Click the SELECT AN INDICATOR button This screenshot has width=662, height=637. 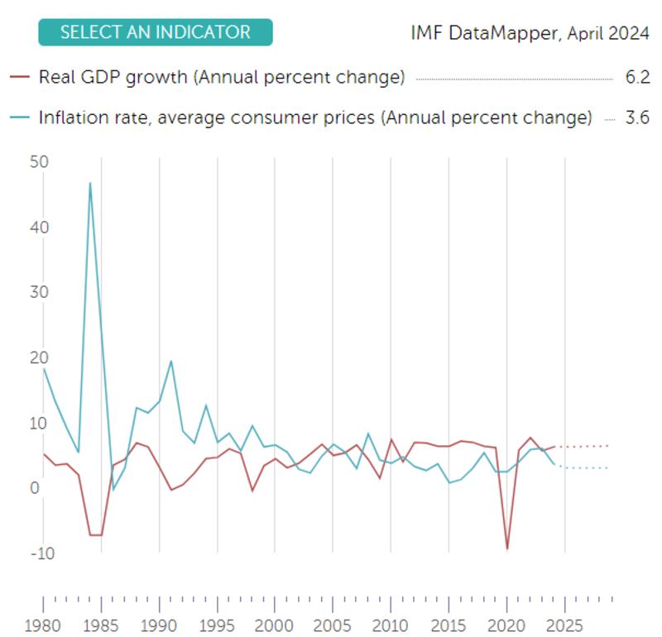point(155,32)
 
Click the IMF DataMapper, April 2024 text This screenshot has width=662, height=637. point(530,34)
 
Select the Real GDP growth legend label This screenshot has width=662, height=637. point(222,78)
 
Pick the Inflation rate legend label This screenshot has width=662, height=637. point(315,117)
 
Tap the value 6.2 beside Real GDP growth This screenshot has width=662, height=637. point(637,78)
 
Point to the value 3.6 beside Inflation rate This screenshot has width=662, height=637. point(637,117)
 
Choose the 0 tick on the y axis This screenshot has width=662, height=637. point(35,488)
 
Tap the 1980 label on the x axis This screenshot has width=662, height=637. point(44,625)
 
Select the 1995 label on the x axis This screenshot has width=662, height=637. point(217,625)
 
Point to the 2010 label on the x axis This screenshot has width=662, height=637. point(391,625)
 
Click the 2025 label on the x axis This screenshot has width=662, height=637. point(564,625)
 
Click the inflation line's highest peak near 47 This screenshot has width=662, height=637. point(90,183)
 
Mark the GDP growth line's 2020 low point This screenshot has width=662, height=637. point(506,549)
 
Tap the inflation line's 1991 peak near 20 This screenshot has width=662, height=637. point(171,361)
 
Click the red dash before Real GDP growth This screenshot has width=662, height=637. point(21,78)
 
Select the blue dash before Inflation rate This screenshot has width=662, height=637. point(21,117)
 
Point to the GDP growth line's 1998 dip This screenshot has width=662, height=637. point(252,491)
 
